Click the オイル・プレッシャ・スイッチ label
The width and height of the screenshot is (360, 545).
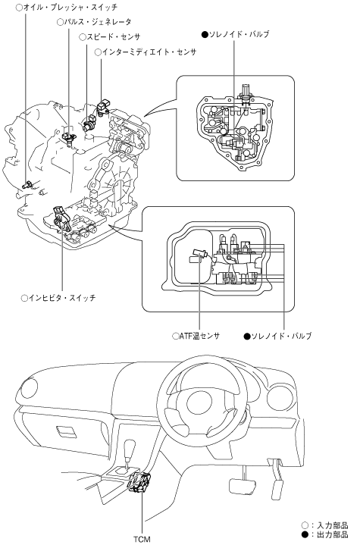point(67,8)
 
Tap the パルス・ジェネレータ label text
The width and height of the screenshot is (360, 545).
point(95,22)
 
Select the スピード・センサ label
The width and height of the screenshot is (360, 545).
point(110,37)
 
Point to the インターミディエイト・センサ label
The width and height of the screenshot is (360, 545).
point(146,52)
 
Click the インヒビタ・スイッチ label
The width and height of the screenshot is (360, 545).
point(58,298)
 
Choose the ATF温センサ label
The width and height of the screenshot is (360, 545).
point(196,336)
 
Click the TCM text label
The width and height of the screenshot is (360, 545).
point(142,540)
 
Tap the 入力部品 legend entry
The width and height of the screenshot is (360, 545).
point(324,525)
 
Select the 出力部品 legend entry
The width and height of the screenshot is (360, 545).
point(324,534)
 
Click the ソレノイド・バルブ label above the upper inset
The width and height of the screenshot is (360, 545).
point(235,34)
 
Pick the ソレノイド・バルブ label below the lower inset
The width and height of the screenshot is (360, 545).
point(277,336)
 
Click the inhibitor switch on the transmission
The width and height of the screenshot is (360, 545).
point(63,218)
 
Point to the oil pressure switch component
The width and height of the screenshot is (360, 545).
point(27,184)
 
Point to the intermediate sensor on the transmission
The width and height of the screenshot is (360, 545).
point(103,107)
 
